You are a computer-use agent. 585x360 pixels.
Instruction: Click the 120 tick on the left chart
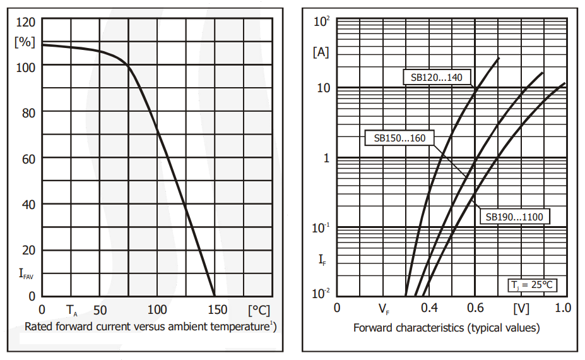[x=25, y=23]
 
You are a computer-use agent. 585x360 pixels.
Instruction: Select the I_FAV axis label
[x=27, y=273]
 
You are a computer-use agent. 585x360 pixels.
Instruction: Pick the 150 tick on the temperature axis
[x=216, y=309]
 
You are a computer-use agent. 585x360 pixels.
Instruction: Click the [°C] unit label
[x=259, y=309]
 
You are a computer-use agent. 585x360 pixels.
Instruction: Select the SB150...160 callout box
[x=399, y=138]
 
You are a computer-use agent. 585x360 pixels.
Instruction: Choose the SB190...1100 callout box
[x=514, y=217]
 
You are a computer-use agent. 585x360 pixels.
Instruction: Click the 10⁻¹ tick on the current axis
[x=321, y=227]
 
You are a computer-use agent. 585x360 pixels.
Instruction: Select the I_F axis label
[x=321, y=258]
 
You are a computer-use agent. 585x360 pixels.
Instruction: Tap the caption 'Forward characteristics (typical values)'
[x=446, y=327]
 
